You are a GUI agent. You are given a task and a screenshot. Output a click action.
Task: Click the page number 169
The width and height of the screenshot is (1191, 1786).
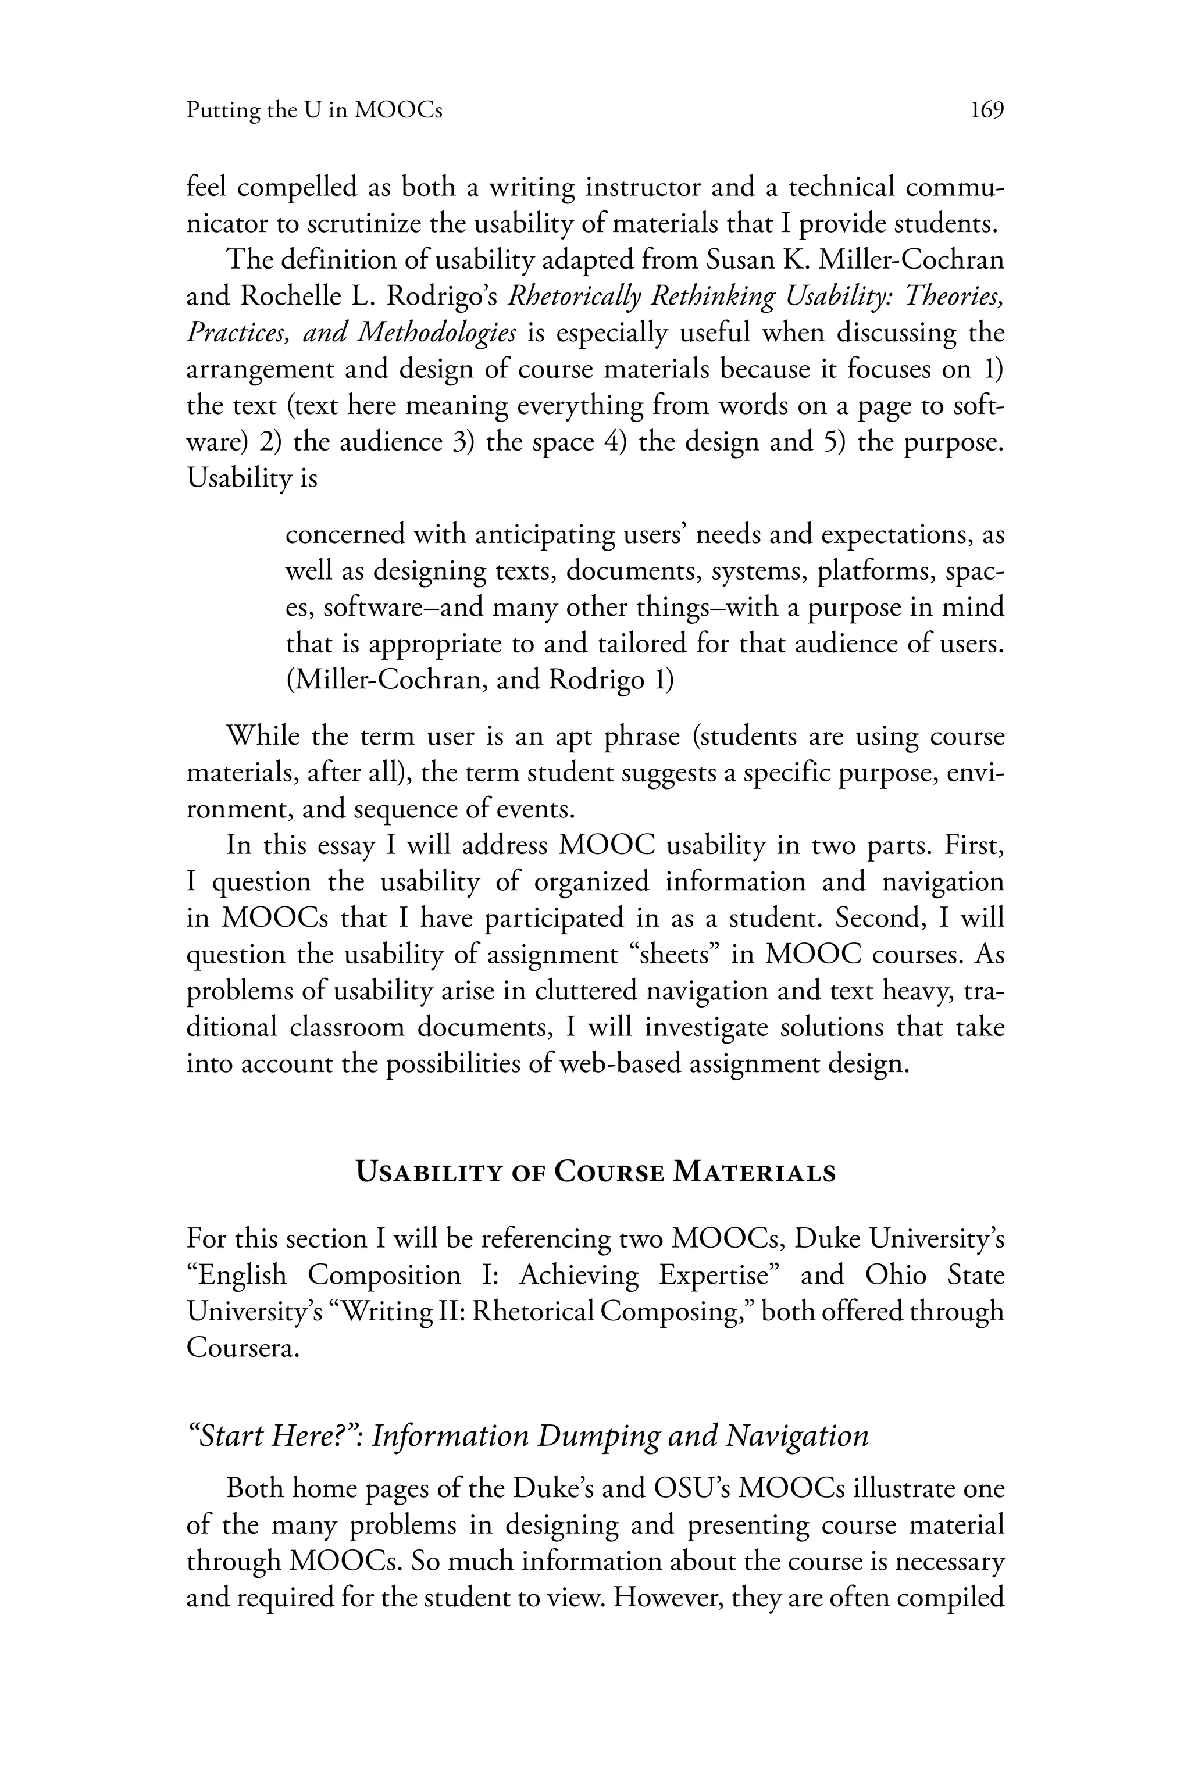[x=987, y=111]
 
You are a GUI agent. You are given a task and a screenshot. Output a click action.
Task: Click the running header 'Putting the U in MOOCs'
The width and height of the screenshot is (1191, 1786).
[x=313, y=111]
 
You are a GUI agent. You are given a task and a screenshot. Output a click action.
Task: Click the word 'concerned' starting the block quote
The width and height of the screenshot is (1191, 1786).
[x=345, y=535]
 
